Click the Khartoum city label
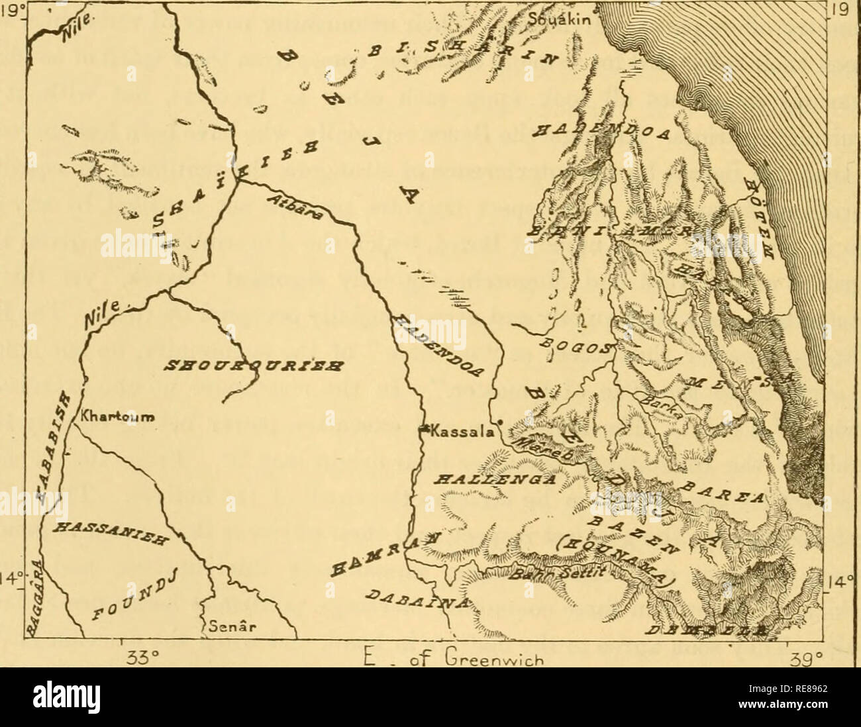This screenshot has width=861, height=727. click(116, 418)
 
